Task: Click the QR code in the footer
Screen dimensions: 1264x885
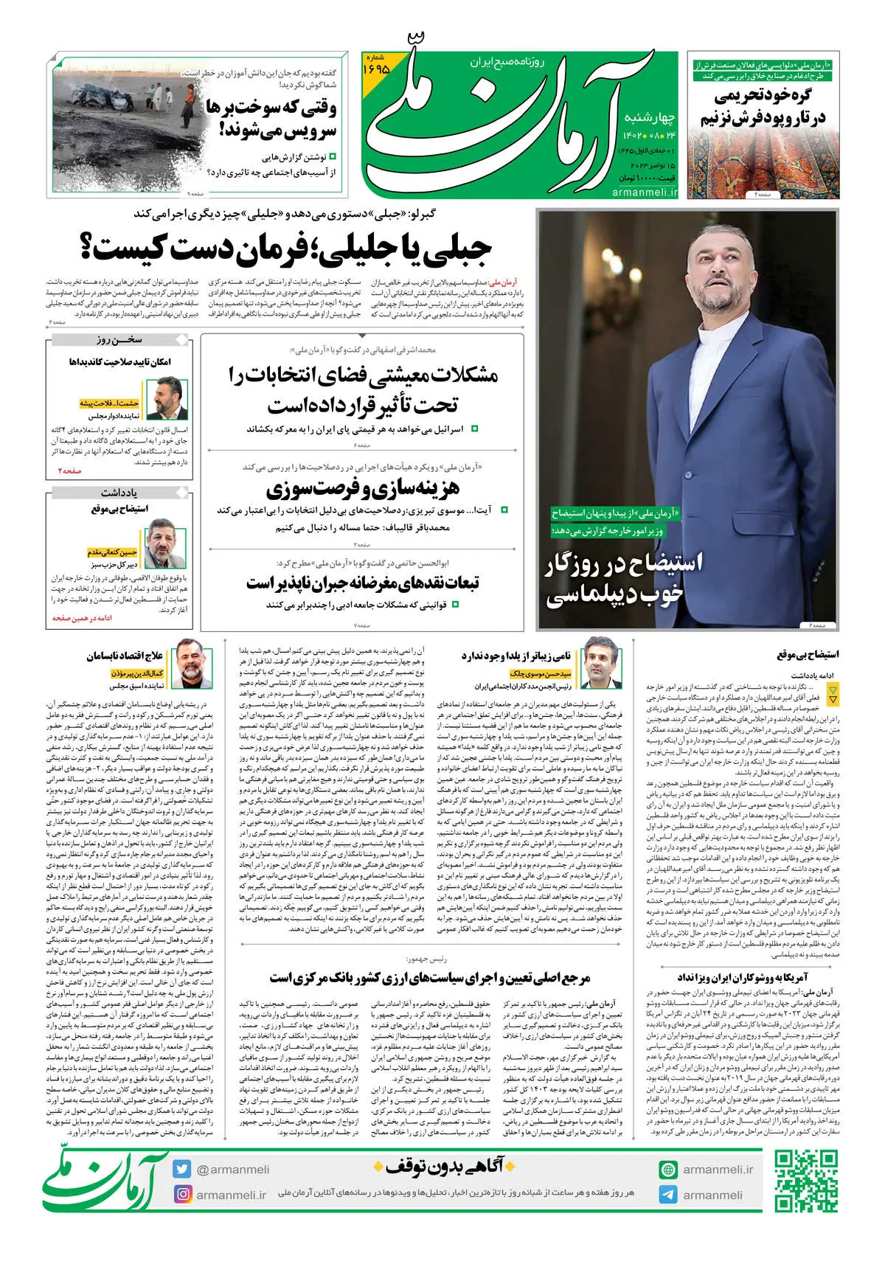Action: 806,1182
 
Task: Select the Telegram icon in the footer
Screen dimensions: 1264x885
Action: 668,1195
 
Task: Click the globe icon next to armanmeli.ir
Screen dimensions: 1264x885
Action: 668,1170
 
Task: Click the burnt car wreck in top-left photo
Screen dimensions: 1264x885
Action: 103,96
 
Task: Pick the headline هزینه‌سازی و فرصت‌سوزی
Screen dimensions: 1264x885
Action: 362,487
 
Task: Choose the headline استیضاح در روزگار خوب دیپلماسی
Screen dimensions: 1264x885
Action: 624,580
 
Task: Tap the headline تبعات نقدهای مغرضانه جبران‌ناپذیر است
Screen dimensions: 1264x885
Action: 363,583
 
